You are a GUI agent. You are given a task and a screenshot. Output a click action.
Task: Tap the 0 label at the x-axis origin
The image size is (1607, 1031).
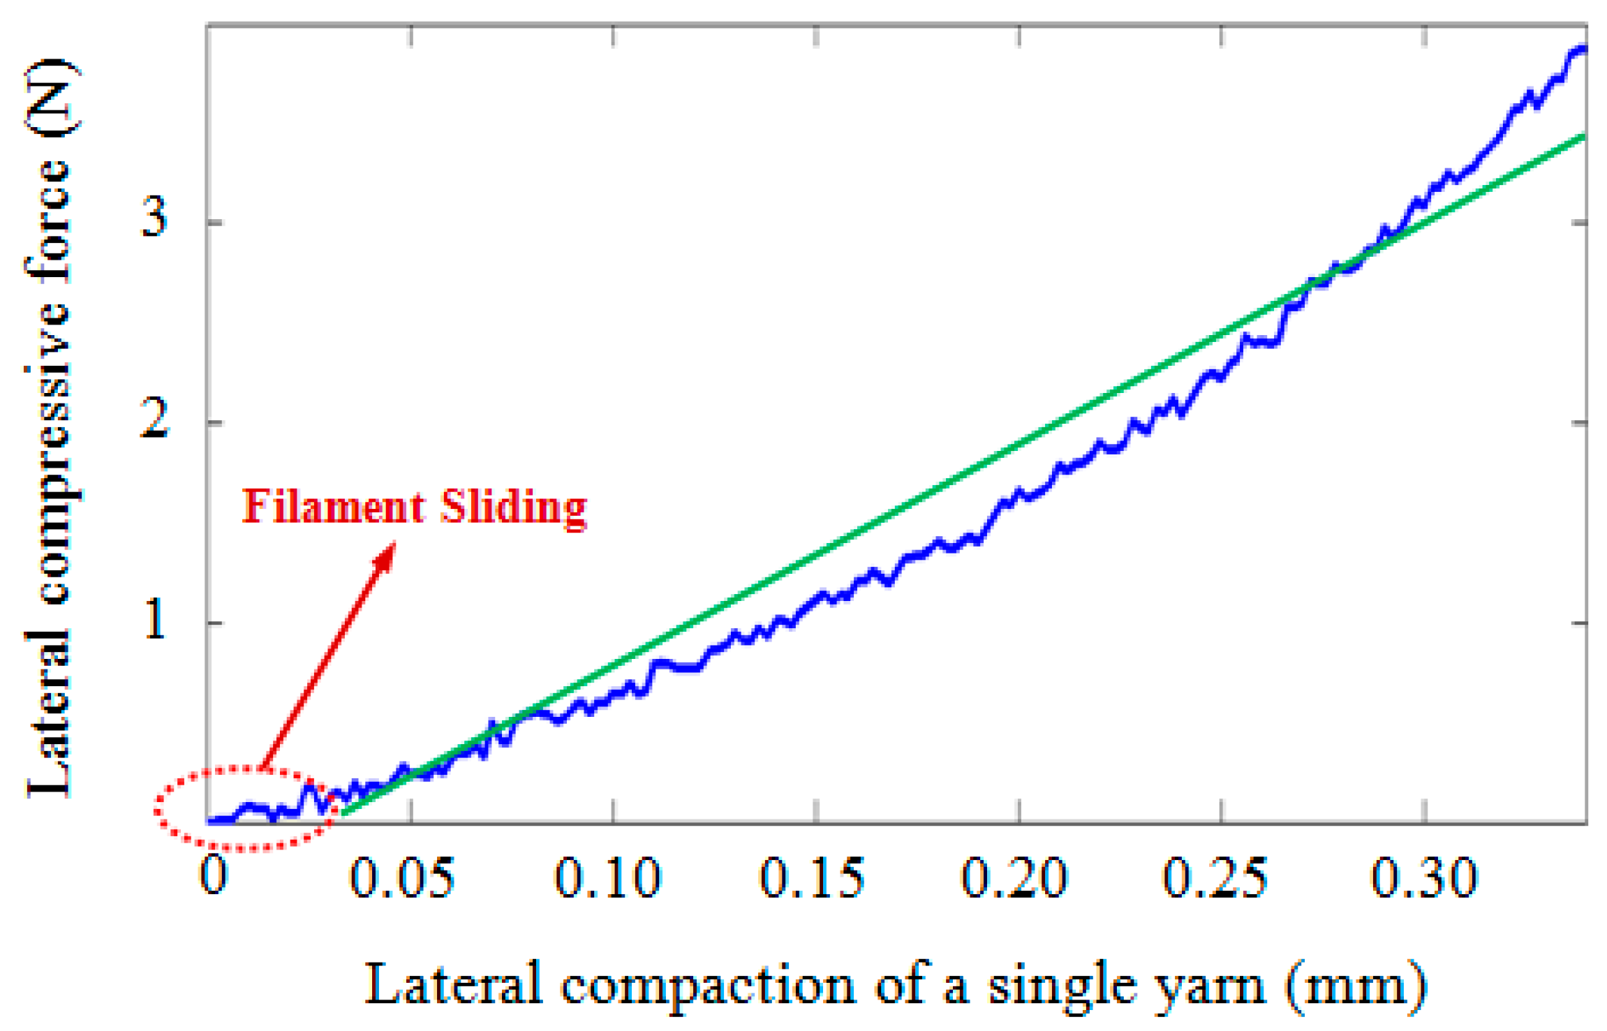(x=214, y=874)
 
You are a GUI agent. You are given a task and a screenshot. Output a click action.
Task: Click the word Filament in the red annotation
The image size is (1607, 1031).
(x=334, y=507)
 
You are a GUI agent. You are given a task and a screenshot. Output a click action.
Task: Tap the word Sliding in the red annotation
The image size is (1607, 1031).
(x=513, y=508)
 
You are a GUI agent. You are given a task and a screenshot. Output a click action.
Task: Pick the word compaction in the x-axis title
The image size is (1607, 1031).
(x=707, y=986)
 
